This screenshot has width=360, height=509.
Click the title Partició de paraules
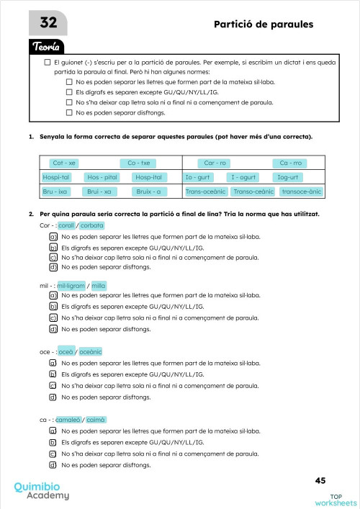pos(264,24)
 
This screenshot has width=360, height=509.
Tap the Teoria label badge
pos(50,48)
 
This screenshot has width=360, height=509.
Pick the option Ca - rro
pos(215,163)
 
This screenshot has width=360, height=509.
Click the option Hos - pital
pos(102,177)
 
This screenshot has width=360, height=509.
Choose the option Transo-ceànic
pos(253,192)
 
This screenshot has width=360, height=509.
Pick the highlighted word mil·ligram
pos(71,285)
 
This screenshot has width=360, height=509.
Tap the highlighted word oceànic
pos(91,351)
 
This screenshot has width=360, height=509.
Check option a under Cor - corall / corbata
pos(53,236)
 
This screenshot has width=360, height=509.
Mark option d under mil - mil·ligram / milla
pos(53,329)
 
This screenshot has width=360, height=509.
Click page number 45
pos(320,480)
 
